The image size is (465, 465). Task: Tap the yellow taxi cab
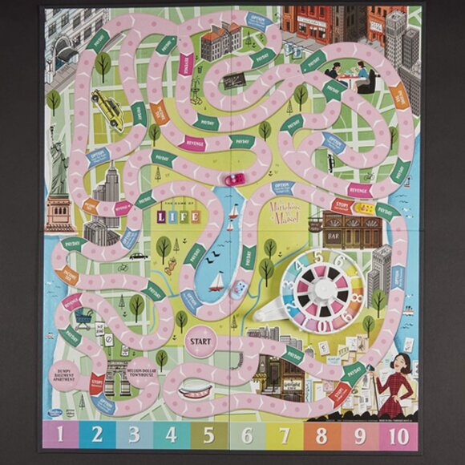pos(107,107)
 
